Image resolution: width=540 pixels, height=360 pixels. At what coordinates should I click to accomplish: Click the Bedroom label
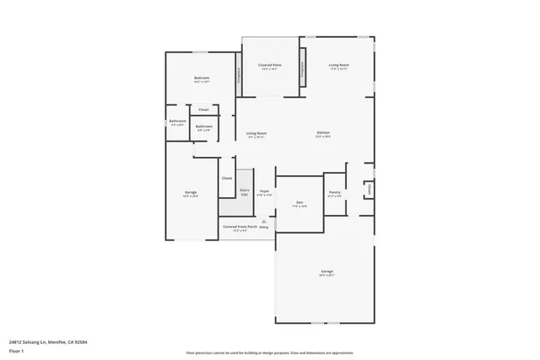[x=202, y=78]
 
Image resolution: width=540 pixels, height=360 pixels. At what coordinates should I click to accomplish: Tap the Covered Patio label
[x=270, y=66]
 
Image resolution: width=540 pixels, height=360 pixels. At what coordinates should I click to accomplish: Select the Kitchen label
[x=323, y=133]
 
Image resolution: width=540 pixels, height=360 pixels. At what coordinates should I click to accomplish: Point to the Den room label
[x=299, y=202]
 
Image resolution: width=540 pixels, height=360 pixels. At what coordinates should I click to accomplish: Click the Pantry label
[x=335, y=192]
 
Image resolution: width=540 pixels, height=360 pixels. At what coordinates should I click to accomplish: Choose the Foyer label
[x=264, y=192]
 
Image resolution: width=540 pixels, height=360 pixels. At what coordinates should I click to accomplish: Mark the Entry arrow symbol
[x=263, y=221]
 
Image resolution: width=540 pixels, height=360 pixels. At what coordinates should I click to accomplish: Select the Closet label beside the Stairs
[x=226, y=178]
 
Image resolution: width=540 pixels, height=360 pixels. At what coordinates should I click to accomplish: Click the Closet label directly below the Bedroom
[x=203, y=110]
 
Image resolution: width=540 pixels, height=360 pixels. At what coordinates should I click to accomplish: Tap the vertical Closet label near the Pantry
[x=369, y=191]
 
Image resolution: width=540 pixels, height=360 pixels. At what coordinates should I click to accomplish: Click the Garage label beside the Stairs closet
[x=191, y=193]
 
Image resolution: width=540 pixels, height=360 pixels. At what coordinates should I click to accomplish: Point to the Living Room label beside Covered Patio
[x=339, y=65]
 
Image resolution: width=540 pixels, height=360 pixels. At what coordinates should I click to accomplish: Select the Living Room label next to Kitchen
[x=256, y=133]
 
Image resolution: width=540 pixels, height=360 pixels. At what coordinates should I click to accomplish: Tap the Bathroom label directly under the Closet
[x=204, y=126]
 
